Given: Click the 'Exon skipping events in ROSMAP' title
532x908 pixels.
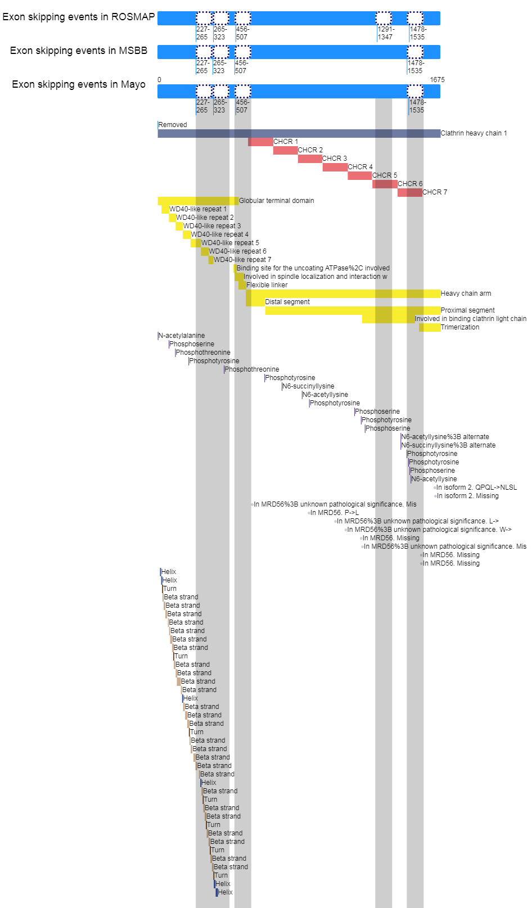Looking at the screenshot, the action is [x=79, y=17].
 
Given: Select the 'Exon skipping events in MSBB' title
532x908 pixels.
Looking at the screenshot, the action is [x=79, y=51].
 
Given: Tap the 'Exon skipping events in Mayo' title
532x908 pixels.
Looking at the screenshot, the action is [x=79, y=84].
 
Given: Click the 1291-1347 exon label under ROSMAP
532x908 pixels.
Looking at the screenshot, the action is [x=386, y=33].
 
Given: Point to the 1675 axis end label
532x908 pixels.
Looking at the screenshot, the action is [x=437, y=80].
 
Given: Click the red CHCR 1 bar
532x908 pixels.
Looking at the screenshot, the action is [x=261, y=142].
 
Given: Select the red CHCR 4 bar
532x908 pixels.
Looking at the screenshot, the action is [x=335, y=167].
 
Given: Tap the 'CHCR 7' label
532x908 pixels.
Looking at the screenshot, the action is [x=435, y=192].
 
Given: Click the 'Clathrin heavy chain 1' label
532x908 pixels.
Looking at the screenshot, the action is [x=474, y=133].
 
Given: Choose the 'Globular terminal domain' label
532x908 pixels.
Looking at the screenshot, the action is [x=277, y=201].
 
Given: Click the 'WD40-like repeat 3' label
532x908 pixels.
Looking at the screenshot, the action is [x=212, y=226].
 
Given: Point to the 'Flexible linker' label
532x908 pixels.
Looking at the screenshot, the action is [x=267, y=285].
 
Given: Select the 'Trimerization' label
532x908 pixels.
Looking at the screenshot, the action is [x=460, y=327].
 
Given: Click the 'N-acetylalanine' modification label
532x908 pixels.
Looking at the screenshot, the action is [x=181, y=336].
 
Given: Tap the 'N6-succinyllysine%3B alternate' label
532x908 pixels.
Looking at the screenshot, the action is [x=448, y=445].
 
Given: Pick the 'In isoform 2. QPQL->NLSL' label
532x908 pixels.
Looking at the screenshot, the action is [x=476, y=487].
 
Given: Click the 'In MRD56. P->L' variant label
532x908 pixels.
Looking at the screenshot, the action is [x=335, y=513].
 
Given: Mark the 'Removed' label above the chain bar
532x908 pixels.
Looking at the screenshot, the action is [x=172, y=125].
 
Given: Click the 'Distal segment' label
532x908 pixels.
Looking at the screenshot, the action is [x=287, y=302].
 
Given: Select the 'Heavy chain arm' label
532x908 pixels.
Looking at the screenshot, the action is [x=466, y=293].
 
